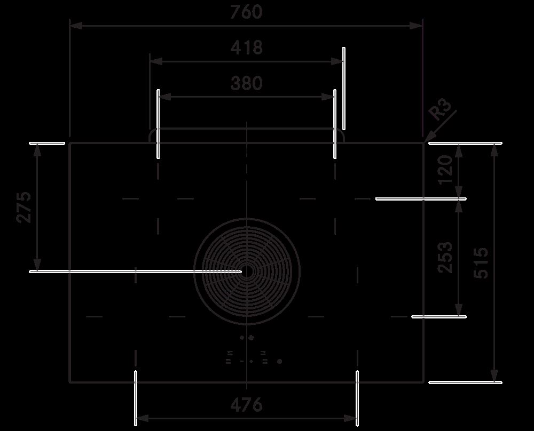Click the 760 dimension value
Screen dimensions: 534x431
pos(246,12)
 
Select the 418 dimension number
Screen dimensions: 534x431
pos(247,47)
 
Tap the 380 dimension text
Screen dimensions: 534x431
pos(247,83)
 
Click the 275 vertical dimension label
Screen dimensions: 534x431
pos(24,207)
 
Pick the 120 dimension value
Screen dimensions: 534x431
pos(445,170)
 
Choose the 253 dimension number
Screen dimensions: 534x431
pos(445,257)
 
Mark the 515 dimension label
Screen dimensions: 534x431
pos(481,263)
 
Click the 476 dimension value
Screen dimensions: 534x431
pos(246,405)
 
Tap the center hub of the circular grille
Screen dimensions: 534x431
pos(247,271)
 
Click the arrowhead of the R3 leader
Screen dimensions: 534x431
pos(428,138)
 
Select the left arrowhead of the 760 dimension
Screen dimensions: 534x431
pos(76,26)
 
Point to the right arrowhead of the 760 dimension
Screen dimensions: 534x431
pos(416,26)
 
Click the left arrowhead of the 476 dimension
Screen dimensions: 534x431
pos(143,418)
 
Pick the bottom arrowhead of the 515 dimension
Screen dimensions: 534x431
pos(494,376)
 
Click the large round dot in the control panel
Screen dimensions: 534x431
pos(280,361)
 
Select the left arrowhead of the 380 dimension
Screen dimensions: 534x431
pos(165,97)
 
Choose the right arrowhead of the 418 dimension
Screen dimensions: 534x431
pos(337,61)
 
